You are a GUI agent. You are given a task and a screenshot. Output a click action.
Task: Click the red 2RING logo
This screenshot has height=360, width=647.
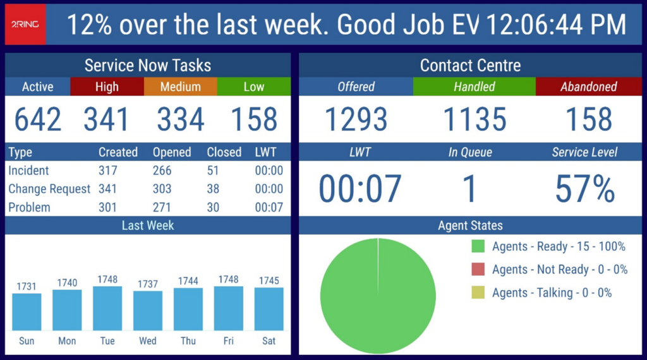click(x=25, y=25)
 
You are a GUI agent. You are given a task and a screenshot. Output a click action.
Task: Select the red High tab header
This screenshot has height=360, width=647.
click(x=107, y=87)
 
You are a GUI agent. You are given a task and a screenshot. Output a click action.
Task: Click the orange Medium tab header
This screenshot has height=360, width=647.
click(x=180, y=87)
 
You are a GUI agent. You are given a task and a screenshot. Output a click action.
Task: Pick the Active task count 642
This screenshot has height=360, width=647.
click(x=38, y=119)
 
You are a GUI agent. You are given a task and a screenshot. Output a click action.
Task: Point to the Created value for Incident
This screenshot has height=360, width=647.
click(x=109, y=171)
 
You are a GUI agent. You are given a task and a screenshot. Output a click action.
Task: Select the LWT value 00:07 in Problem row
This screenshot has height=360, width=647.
click(x=269, y=207)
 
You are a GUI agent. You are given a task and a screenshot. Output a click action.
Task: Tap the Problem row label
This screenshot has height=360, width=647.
click(x=29, y=207)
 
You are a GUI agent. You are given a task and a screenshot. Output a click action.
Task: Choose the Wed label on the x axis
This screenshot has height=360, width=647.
click(x=148, y=341)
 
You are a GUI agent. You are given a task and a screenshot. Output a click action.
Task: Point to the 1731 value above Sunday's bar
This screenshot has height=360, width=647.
click(x=27, y=286)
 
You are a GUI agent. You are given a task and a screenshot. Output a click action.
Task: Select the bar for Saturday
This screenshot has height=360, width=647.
click(x=269, y=309)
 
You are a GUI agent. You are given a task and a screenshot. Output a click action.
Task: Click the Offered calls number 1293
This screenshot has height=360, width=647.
click(x=356, y=119)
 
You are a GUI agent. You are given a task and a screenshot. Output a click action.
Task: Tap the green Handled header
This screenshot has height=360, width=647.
click(x=474, y=87)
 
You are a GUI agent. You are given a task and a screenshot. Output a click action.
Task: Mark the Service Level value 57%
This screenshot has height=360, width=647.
click(x=584, y=189)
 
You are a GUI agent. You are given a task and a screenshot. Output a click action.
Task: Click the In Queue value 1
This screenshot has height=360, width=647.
click(x=470, y=189)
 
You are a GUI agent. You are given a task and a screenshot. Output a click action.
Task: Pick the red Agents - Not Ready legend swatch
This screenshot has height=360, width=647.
click(x=478, y=270)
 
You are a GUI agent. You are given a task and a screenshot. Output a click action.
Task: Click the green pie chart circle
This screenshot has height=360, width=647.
click(x=378, y=296)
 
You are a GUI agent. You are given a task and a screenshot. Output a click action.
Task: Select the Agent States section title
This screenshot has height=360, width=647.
click(x=470, y=225)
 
